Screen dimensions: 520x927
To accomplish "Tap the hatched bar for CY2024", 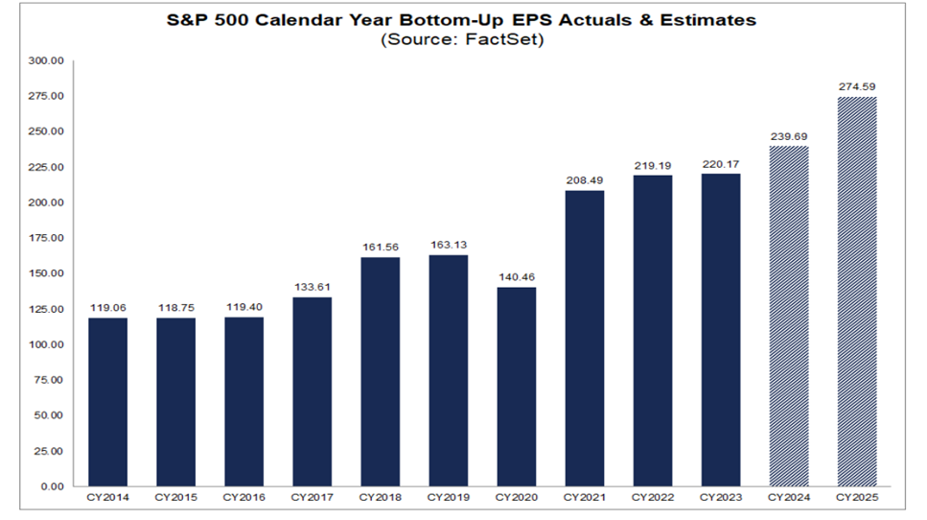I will (789, 316).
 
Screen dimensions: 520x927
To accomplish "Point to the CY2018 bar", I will (381, 371).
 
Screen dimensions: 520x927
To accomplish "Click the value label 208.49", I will (585, 179).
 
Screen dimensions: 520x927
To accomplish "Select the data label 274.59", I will (857, 86).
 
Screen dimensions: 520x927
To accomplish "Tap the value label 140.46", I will (517, 276).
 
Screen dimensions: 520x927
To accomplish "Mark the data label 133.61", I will (313, 286).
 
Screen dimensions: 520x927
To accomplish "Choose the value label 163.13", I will (449, 245).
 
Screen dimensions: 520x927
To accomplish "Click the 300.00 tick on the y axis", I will (46, 60).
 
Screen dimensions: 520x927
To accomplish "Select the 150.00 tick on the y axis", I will (46, 273).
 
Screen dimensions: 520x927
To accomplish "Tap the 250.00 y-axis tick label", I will (46, 131).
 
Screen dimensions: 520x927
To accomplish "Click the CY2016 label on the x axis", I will (243, 498).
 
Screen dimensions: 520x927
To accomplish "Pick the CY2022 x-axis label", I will (653, 498).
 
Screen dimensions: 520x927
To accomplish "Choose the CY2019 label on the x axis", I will (448, 498).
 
